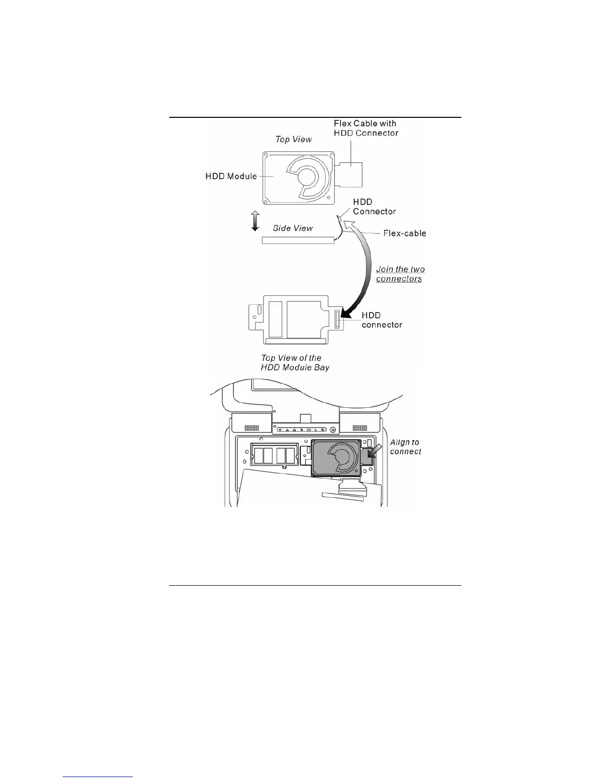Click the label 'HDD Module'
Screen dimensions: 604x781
[x=231, y=176]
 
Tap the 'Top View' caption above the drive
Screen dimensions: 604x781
[x=294, y=140]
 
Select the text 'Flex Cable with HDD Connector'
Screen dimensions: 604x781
[x=366, y=128]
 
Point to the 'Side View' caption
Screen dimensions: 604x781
[x=293, y=228]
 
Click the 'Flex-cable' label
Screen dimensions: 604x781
[x=405, y=233]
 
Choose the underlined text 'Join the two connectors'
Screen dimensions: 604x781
[x=400, y=274]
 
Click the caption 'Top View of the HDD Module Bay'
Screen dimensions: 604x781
[x=295, y=362]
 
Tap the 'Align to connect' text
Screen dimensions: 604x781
[x=405, y=447]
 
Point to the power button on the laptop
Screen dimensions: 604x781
[x=333, y=429]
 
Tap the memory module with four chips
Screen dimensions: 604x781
[x=274, y=454]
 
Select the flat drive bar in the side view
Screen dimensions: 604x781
[x=298, y=240]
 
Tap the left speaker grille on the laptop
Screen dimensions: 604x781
[x=252, y=427]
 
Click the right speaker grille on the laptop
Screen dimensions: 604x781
[x=359, y=427]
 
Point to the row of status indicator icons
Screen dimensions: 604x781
[x=301, y=429]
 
